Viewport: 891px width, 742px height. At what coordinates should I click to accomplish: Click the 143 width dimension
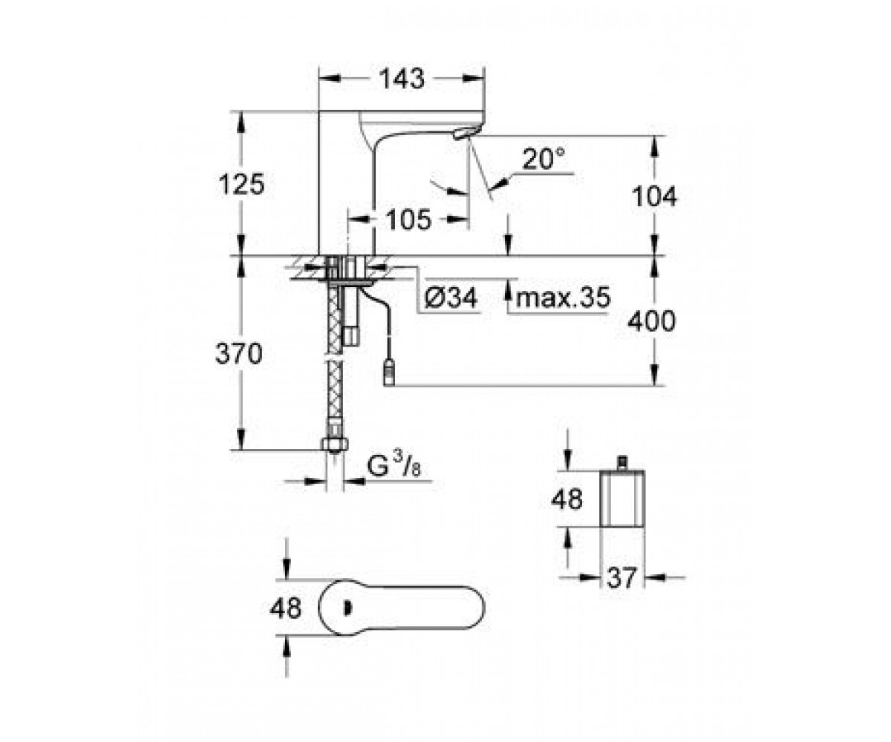(402, 79)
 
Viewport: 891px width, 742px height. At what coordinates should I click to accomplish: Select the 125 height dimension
(241, 184)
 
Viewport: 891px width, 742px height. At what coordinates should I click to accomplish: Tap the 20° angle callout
(544, 159)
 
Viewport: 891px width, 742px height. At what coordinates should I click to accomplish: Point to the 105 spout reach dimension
(408, 220)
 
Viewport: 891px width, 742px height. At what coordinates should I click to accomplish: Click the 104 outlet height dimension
(653, 197)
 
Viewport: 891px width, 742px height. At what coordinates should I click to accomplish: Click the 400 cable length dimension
(652, 321)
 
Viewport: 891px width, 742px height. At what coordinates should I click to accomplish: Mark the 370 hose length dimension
(238, 353)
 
